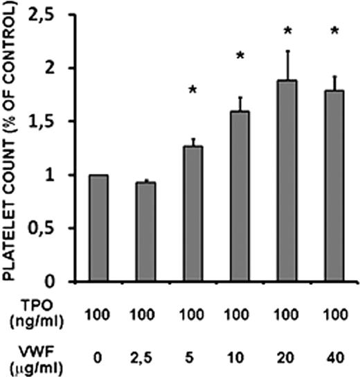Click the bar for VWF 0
pos(98,228)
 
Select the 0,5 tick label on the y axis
pos(46,229)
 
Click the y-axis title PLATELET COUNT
pos(13,142)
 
